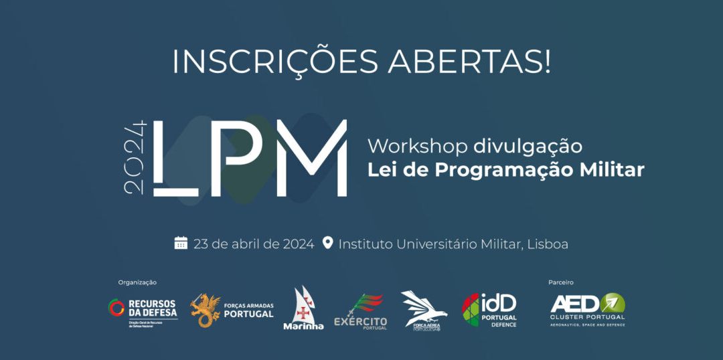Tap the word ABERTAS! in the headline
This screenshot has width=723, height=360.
pos(470,62)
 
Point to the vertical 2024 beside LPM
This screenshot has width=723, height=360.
pos(136,158)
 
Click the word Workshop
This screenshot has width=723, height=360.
pos(418,146)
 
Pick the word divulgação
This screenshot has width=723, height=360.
pos(528,146)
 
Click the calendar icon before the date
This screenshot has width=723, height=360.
pos(181,243)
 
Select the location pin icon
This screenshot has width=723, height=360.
pos(327,242)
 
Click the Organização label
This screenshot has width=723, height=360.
pos(137,282)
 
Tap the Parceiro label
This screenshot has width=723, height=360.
pos(561,282)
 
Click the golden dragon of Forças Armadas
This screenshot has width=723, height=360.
pos(205,310)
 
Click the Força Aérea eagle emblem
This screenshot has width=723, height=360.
pos(424,309)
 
